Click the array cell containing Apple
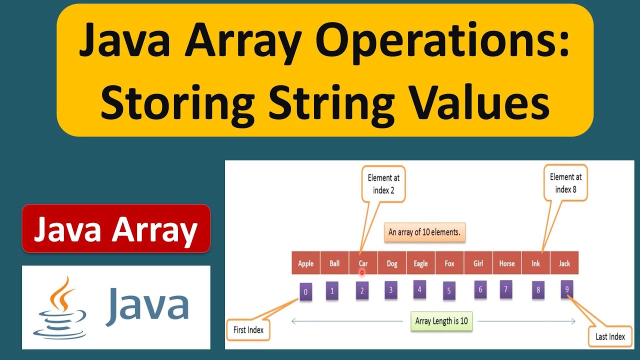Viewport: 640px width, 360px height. pyautogui.click(x=305, y=263)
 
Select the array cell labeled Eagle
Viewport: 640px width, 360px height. pyautogui.click(x=420, y=263)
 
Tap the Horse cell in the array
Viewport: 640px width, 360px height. pyautogui.click(x=506, y=263)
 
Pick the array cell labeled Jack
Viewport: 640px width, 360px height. pyautogui.click(x=564, y=263)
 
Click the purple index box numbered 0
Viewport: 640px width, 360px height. pyautogui.click(x=305, y=291)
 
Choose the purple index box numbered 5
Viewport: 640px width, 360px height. pyautogui.click(x=449, y=290)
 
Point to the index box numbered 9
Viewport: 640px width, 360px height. pyautogui.click(x=566, y=289)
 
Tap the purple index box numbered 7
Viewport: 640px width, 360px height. pyautogui.click(x=506, y=289)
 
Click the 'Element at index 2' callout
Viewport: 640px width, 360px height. pyautogui.click(x=383, y=184)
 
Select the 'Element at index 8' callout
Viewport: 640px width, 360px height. pyautogui.click(x=565, y=183)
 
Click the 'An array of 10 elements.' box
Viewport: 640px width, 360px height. pyautogui.click(x=424, y=232)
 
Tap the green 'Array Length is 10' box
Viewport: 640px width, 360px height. pyautogui.click(x=441, y=321)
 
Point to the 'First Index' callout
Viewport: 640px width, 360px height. pyautogui.click(x=248, y=330)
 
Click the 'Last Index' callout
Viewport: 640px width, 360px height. pyautogui.click(x=610, y=336)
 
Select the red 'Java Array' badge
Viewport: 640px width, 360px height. pyautogui.click(x=116, y=228)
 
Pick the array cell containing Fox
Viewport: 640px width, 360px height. pyautogui.click(x=449, y=263)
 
